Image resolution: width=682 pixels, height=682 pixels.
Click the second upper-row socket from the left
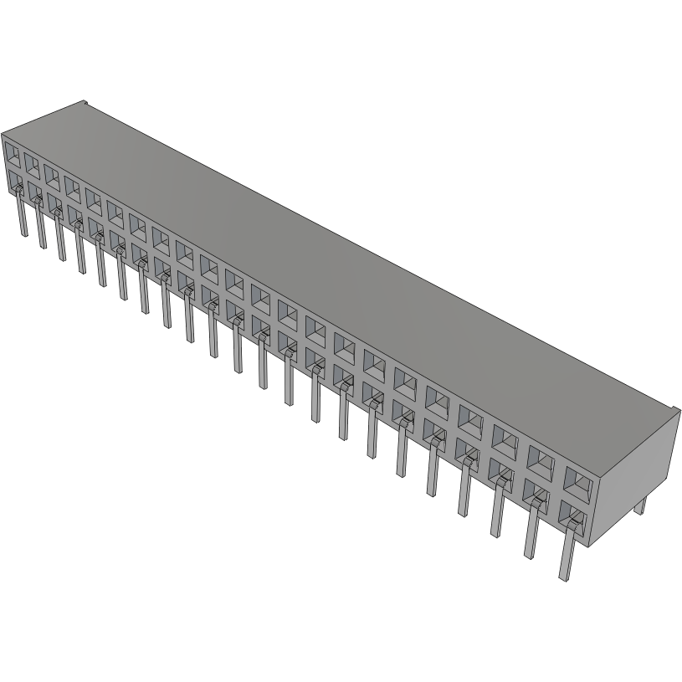[x=32, y=163]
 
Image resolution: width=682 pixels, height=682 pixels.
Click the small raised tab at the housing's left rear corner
[x=84, y=104]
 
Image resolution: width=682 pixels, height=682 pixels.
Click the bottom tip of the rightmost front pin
[x=565, y=577]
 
